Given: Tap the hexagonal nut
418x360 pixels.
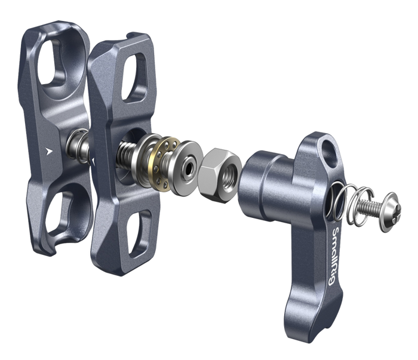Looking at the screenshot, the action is pos(220,175).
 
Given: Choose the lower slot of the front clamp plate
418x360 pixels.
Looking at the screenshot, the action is pos(139,232).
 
